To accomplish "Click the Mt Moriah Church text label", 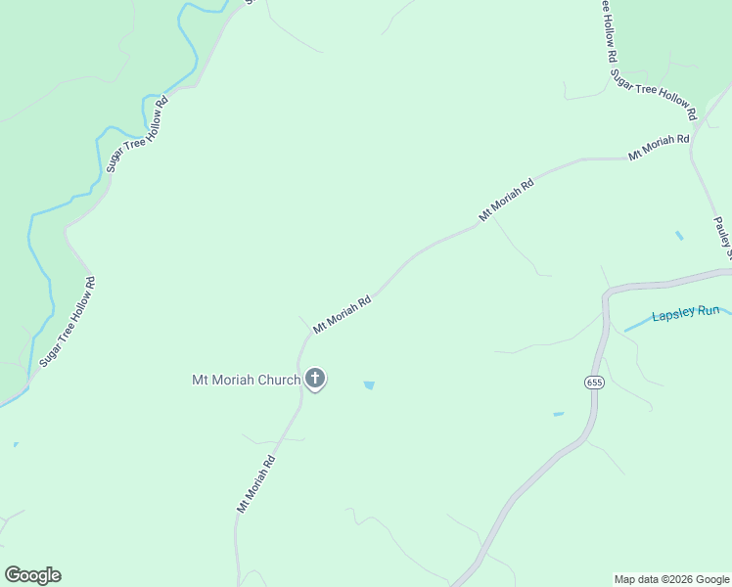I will tap(246, 380).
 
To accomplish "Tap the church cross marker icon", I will tap(315, 379).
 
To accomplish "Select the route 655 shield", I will tap(595, 382).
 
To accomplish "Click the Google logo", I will tap(32, 575).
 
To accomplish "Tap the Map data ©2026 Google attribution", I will tap(671, 579).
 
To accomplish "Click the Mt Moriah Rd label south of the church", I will tap(254, 483).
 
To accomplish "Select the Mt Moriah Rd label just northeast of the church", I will tap(342, 315).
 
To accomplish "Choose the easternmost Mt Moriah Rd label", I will tap(659, 147).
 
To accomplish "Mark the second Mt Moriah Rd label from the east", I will tap(506, 199).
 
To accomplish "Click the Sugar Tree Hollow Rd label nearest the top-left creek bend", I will tap(138, 134).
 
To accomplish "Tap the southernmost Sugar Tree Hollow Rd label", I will tap(68, 322).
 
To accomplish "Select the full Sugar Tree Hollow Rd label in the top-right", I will tap(653, 94).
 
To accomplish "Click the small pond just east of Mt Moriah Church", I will tap(369, 385).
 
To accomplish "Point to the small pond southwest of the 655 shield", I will tap(558, 415).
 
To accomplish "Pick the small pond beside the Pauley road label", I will tap(679, 236).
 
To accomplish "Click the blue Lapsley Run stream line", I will tap(637, 325).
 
